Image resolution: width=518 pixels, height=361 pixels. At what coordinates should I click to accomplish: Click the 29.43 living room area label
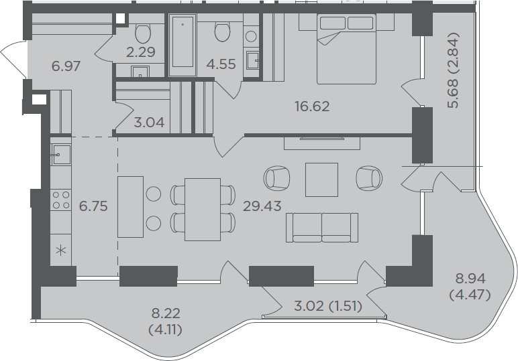coord(262,206)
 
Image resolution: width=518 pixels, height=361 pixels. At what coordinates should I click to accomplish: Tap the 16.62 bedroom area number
coord(312,106)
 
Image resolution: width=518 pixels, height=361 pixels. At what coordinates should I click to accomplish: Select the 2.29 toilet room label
coord(141,52)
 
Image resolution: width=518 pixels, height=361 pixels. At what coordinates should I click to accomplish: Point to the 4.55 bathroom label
coord(221,64)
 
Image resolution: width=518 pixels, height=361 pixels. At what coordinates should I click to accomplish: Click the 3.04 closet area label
coord(150,123)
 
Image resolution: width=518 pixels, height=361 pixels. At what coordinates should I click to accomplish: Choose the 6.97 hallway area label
coord(66,66)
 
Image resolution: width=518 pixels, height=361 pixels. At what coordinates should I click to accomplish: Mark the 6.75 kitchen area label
coord(93,206)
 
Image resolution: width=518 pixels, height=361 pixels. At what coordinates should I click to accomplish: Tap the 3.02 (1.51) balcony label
coord(328,306)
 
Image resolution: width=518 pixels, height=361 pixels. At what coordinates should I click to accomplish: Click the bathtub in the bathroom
coord(183,45)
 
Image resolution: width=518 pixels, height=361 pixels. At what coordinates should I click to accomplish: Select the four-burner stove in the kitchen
coord(61,200)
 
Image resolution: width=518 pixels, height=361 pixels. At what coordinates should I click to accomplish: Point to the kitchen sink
coord(60,154)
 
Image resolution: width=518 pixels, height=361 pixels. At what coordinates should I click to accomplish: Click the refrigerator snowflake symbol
coord(61,250)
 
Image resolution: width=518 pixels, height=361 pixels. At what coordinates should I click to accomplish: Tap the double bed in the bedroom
coord(346,49)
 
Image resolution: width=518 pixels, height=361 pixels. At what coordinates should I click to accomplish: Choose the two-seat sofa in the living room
coord(322,228)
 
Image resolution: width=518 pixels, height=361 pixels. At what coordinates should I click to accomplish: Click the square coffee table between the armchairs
coord(321,179)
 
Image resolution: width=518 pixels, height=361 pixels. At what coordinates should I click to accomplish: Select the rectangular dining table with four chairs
coord(203,210)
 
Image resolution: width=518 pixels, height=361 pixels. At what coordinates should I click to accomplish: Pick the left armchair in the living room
coord(277,178)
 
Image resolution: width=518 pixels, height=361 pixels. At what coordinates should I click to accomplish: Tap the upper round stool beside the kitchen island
coord(153,194)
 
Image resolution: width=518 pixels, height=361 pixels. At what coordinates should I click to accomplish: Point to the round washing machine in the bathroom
coord(251,36)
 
